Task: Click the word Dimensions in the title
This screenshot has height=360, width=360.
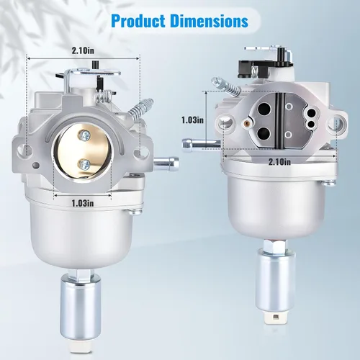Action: pyautogui.click(x=210, y=21)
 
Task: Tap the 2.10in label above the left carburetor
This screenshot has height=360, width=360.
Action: pyautogui.click(x=83, y=50)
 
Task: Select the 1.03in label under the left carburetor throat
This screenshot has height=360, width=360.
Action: pyautogui.click(x=83, y=204)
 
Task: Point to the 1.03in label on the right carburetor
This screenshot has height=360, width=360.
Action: pyautogui.click(x=192, y=120)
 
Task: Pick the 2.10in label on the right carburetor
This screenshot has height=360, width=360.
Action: pyautogui.click(x=279, y=161)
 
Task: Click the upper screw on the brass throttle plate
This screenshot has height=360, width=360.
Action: pyautogui.click(x=85, y=135)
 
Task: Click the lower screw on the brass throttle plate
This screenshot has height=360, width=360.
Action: pyautogui.click(x=85, y=164)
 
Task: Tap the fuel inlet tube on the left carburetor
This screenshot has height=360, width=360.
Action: pyautogui.click(x=166, y=163)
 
